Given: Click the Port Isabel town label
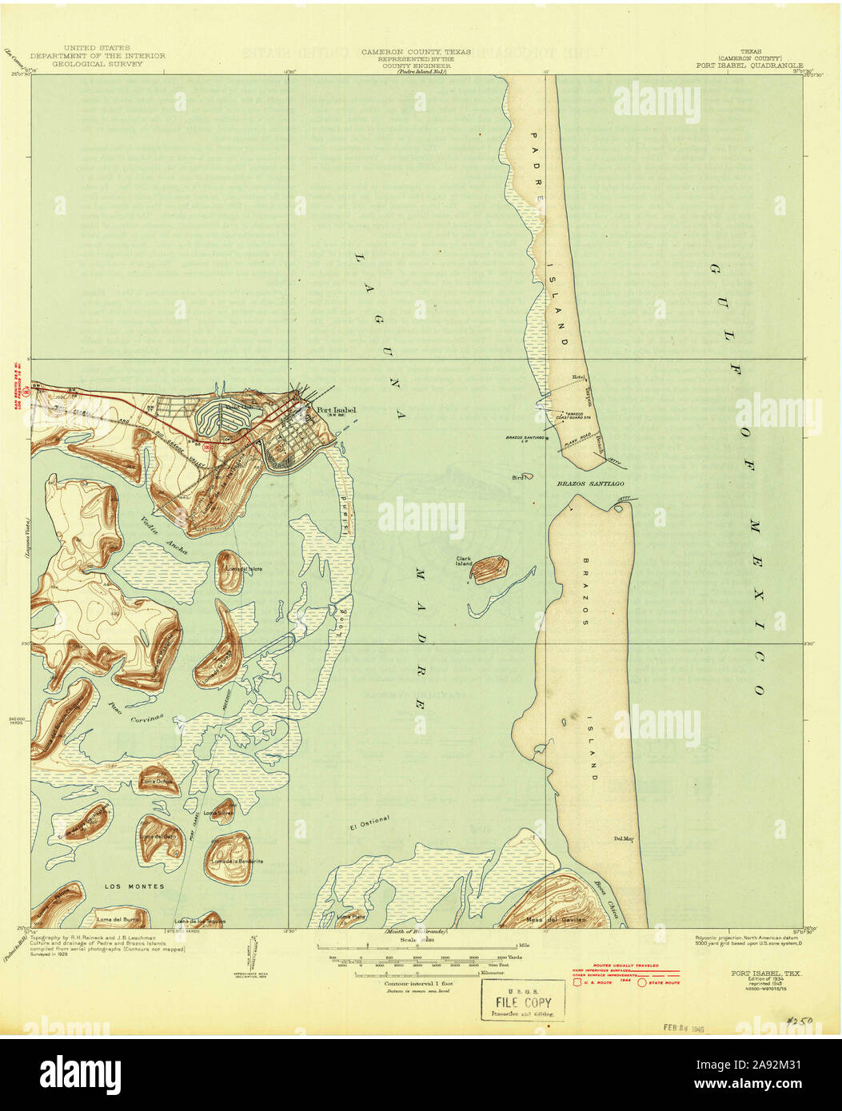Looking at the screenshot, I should point(336,412).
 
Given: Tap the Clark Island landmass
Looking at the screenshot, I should point(489,568).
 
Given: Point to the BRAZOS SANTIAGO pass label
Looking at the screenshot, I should point(590,484).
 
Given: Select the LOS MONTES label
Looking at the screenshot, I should point(134,886).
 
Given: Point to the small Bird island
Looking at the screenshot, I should point(517,477).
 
